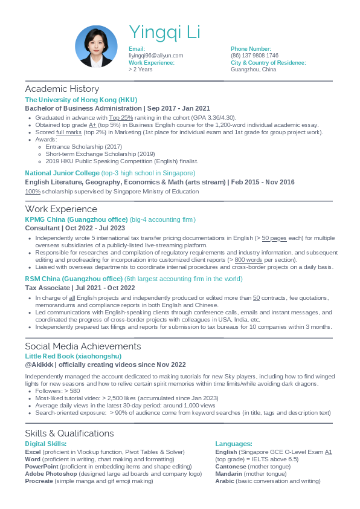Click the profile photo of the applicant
pyautogui.click(x=96, y=47)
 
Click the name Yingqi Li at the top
pyautogui.click(x=164, y=32)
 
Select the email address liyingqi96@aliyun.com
pyautogui.click(x=156, y=55)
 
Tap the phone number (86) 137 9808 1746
pyautogui.click(x=254, y=55)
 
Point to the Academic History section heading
pyautogui.click(x=62, y=89)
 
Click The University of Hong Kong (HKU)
pyautogui.click(x=81, y=100)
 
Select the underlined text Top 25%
pyautogui.click(x=121, y=117)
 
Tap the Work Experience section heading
pyautogui.click(x=61, y=209)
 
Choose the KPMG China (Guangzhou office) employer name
pyautogui.click(x=76, y=219)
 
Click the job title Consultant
pyautogui.click(x=42, y=228)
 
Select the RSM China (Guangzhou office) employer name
pyautogui.click(x=74, y=279)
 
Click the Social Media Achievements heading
pyautogui.click(x=83, y=346)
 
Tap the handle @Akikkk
pyautogui.click(x=39, y=365)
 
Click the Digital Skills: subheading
pyautogui.click(x=45, y=444)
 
